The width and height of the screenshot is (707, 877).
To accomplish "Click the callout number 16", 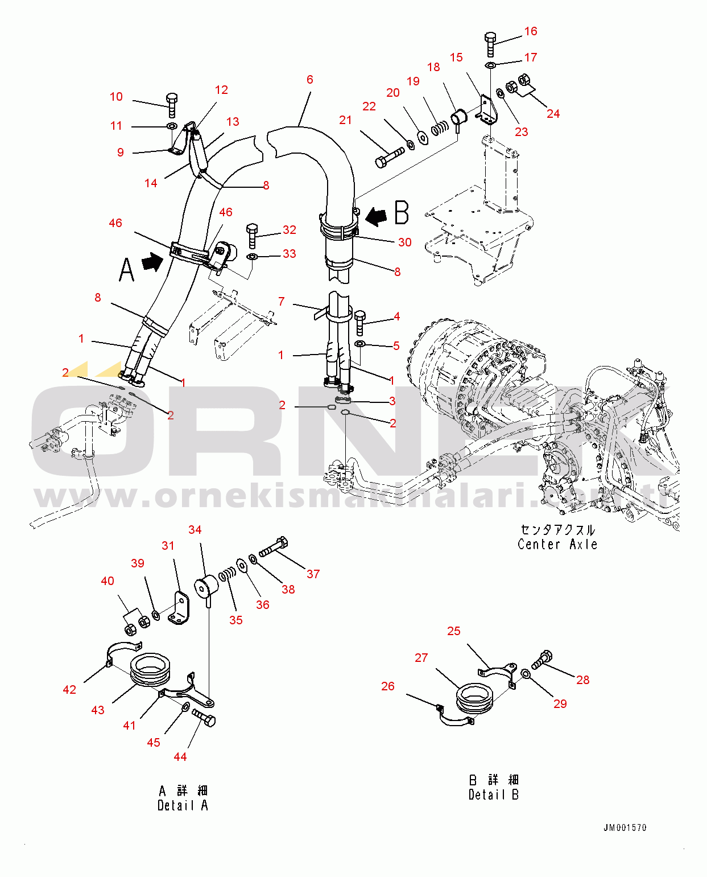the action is (531, 31).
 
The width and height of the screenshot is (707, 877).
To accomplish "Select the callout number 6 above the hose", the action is (310, 80).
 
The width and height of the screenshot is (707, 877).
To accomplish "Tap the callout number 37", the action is (313, 574).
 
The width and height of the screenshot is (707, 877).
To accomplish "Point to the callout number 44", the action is (180, 757).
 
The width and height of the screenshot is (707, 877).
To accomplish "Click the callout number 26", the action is (388, 686).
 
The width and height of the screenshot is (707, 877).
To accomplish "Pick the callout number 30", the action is (405, 242).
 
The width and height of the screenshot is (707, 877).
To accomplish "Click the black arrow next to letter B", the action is (376, 216).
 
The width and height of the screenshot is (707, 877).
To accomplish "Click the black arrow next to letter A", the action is (153, 261).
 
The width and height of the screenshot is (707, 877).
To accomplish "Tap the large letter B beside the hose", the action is (402, 212).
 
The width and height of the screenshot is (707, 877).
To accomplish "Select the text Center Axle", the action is (557, 545).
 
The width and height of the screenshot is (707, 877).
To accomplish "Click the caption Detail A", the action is (183, 805).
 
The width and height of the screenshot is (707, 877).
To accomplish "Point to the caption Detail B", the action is (494, 794).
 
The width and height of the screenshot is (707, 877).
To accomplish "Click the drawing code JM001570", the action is (625, 827).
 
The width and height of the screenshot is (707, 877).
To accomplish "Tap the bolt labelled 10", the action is (171, 105).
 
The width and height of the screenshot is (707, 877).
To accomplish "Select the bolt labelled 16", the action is (490, 45).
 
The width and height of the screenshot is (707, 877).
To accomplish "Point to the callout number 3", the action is (392, 401).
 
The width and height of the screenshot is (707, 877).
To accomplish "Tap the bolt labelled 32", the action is (252, 236).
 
